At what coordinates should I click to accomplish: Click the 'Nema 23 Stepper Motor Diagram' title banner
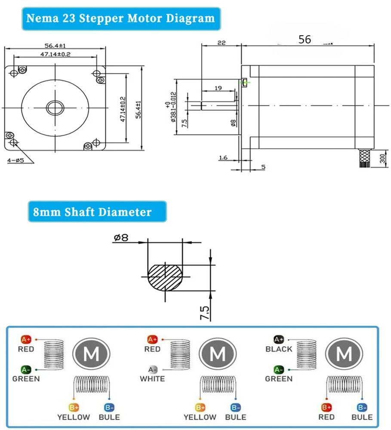[x=120, y=18]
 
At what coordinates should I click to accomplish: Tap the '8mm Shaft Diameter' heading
[x=92, y=212]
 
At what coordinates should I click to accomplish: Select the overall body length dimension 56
[x=305, y=40]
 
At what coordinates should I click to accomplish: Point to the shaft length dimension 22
[x=222, y=43]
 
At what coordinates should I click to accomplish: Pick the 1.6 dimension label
[x=223, y=158]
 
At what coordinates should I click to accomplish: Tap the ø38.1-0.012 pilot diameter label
[x=173, y=107]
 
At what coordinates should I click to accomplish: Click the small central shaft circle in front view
[x=55, y=107]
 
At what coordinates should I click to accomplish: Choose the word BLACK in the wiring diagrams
[x=279, y=349]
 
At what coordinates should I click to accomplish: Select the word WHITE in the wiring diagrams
[x=152, y=379]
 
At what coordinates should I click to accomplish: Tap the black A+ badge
[x=279, y=340]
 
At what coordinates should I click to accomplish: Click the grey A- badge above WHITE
[x=153, y=369]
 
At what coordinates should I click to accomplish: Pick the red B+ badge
[x=326, y=407]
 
